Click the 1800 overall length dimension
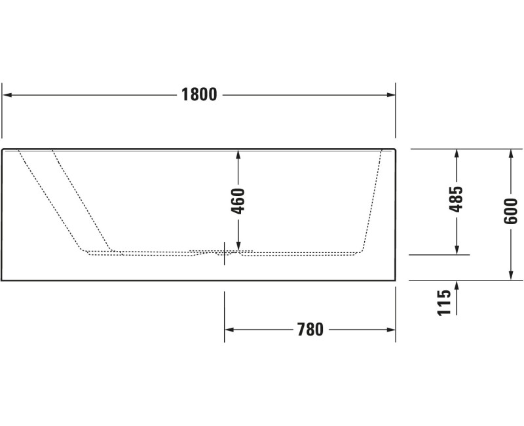199,94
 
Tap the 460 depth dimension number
238,201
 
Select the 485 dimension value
456,199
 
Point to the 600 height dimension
510,211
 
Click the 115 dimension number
444,303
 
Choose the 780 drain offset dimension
310,330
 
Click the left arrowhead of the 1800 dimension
7,95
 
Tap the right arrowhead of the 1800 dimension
391,95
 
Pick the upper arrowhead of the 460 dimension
238,155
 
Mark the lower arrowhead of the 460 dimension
238,246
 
